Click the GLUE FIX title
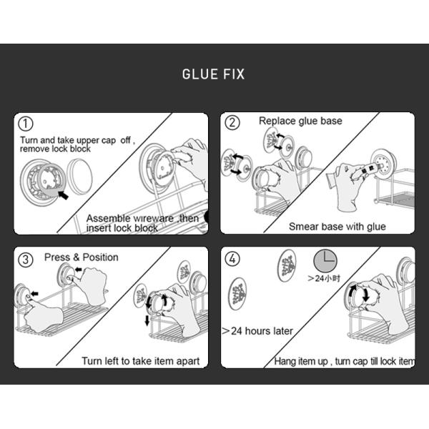pyautogui.click(x=213, y=74)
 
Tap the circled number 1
pyautogui.click(x=26, y=124)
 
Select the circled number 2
pyautogui.click(x=232, y=122)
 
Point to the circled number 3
pyautogui.click(x=26, y=260)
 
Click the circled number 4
pyautogui.click(x=232, y=259)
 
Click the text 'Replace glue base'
pyautogui.click(x=300, y=121)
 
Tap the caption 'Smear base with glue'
pyautogui.click(x=337, y=227)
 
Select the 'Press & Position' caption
pyautogui.click(x=82, y=257)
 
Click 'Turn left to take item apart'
pyautogui.click(x=141, y=361)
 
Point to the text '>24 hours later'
pyautogui.click(x=257, y=331)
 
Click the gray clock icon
pyautogui.click(x=325, y=261)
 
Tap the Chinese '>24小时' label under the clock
pyautogui.click(x=324, y=279)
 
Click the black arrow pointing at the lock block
pyautogui.click(x=64, y=195)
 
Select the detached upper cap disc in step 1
pyautogui.click(x=79, y=177)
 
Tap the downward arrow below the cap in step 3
pyautogui.click(x=147, y=320)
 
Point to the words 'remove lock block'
pyautogui.click(x=55, y=149)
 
